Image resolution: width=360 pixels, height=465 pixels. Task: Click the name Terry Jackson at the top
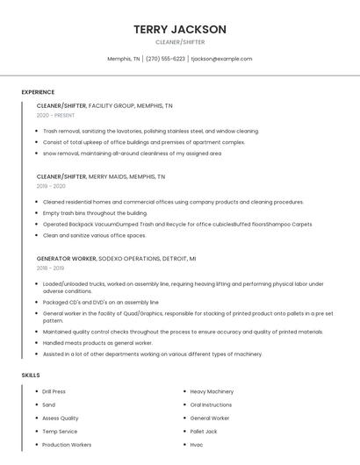pyautogui.click(x=180, y=29)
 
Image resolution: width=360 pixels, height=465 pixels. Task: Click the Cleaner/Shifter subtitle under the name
pyautogui.click(x=180, y=41)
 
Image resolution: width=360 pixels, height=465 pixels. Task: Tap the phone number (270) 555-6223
pyautogui.click(x=165, y=59)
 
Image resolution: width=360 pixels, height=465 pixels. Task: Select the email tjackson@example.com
pyautogui.click(x=221, y=59)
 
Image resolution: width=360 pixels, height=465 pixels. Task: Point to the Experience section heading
pyautogui.click(x=38, y=92)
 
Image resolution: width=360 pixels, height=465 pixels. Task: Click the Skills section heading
pyautogui.click(x=31, y=376)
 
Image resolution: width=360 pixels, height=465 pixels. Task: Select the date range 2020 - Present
pyautogui.click(x=55, y=115)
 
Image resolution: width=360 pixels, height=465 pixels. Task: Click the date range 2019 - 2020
pyautogui.click(x=51, y=186)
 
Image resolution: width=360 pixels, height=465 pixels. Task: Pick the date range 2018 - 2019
pyautogui.click(x=51, y=268)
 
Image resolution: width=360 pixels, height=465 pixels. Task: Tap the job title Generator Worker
pyautogui.click(x=66, y=259)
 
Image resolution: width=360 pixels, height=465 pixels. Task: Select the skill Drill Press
pyautogui.click(x=54, y=391)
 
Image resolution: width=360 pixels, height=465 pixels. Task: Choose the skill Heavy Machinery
pyautogui.click(x=212, y=391)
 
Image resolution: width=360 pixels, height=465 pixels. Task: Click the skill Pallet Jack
pyautogui.click(x=204, y=432)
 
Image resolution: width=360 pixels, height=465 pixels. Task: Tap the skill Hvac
pyautogui.click(x=197, y=445)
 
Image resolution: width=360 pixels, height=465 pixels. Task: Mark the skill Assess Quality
pyautogui.click(x=60, y=418)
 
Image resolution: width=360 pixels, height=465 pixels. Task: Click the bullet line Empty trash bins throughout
pyautogui.click(x=95, y=212)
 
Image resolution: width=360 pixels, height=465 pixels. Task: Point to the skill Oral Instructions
pyautogui.click(x=211, y=405)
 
